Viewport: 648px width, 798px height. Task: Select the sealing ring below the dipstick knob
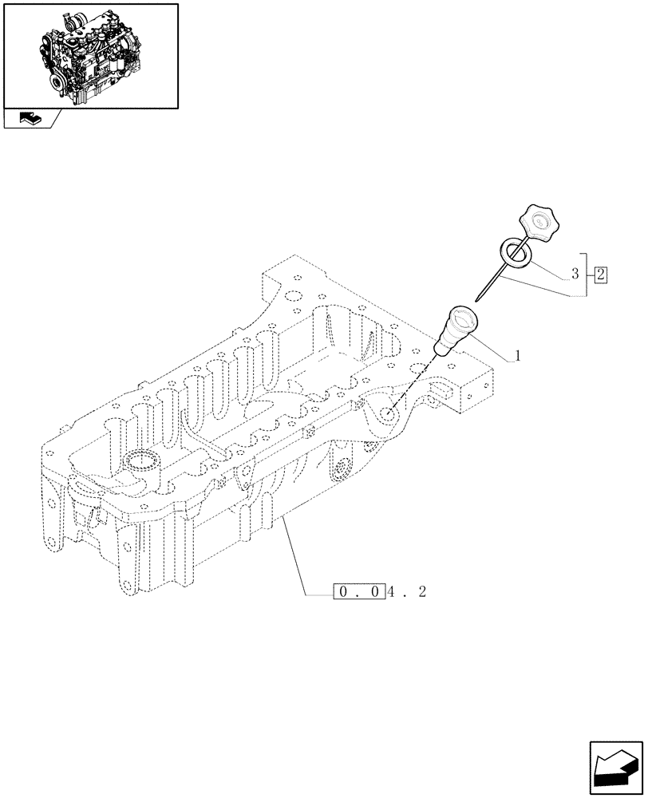pos(516,253)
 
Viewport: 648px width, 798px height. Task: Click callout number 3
pos(574,275)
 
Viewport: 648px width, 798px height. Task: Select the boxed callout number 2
pos(601,275)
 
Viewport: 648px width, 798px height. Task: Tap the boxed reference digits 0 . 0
pos(358,592)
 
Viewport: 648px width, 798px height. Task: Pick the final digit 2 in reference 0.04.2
pos(422,592)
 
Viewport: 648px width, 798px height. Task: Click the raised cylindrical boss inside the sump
pos(143,463)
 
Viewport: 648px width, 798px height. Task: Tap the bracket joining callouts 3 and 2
pos(587,274)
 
